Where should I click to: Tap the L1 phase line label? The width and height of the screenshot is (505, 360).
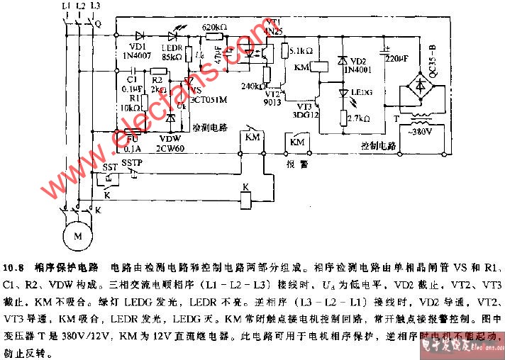coord(66,6)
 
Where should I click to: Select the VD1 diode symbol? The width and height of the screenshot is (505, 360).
coord(139,35)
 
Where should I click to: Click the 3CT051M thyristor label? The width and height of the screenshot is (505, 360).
coord(209,101)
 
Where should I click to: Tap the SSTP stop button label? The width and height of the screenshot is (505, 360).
coord(132,163)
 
